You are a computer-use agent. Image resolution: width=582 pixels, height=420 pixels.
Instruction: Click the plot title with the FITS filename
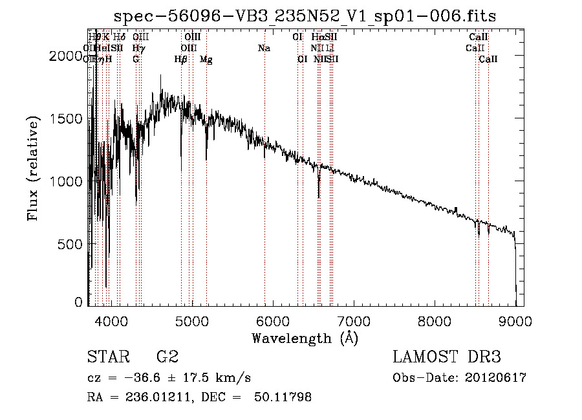(x=305, y=16)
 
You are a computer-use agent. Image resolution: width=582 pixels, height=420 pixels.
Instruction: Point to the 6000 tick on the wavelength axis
(x=272, y=321)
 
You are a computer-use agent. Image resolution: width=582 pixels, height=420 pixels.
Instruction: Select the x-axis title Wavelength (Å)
(x=305, y=338)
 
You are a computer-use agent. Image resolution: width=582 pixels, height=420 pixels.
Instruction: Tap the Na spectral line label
(x=264, y=48)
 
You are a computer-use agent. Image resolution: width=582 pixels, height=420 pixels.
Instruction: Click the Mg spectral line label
(x=206, y=59)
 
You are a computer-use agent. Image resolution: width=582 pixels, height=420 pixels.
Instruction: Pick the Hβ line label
(x=180, y=59)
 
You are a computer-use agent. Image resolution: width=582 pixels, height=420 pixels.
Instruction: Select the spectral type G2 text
(x=167, y=357)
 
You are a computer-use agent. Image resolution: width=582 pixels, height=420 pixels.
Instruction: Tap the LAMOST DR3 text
(x=447, y=357)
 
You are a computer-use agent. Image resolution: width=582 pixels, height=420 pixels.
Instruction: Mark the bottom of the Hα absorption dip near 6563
(x=318, y=197)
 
